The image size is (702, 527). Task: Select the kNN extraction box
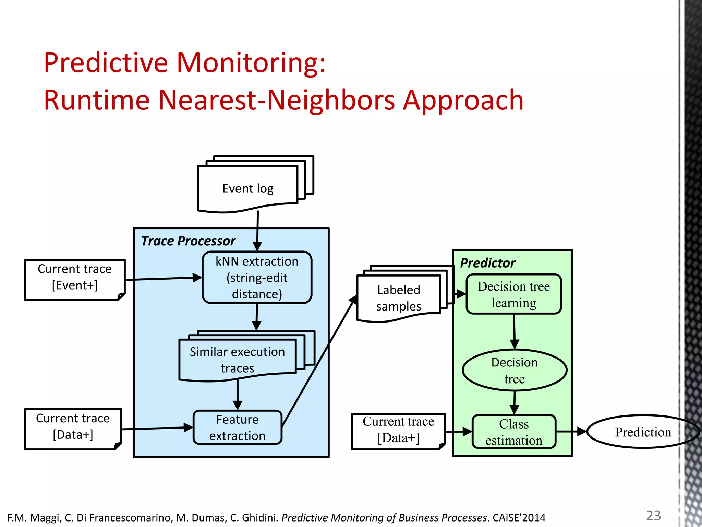pyautogui.click(x=257, y=278)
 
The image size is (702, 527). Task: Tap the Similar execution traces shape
pyautogui.click(x=237, y=360)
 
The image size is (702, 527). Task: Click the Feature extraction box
pyautogui.click(x=237, y=428)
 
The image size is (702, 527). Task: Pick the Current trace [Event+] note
pyautogui.click(x=74, y=277)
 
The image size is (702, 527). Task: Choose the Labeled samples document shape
pyautogui.click(x=398, y=298)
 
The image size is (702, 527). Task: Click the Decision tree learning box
pyautogui.click(x=513, y=294)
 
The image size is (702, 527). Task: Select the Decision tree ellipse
pyautogui.click(x=514, y=371)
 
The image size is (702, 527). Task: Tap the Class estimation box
pyautogui.click(x=513, y=432)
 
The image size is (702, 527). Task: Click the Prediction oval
pyautogui.click(x=643, y=432)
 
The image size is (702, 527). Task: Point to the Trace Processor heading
pyautogui.click(x=188, y=241)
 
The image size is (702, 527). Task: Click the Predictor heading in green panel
pyautogui.click(x=487, y=263)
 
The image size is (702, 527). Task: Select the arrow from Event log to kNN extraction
pyautogui.click(x=257, y=230)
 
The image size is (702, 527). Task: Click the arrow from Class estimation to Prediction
pyautogui.click(x=571, y=432)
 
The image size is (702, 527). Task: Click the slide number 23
pyautogui.click(x=653, y=516)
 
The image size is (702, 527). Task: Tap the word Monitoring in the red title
pyautogui.click(x=251, y=63)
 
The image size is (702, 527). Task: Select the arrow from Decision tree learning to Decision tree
pyautogui.click(x=514, y=331)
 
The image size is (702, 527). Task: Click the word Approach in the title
pyautogui.click(x=463, y=100)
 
